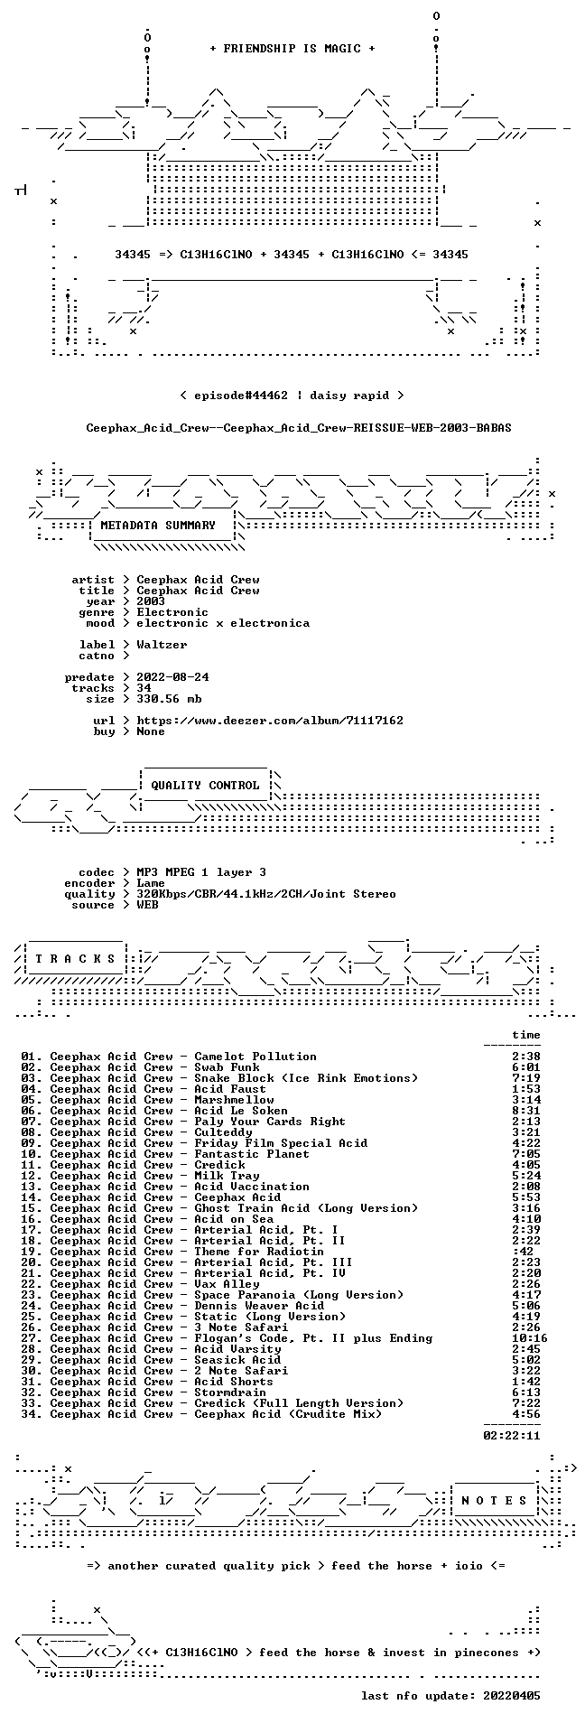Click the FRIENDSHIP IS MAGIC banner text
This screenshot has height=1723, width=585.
[x=292, y=49]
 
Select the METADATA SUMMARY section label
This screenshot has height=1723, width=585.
[x=158, y=526]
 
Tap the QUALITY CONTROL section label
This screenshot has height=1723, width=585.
[x=205, y=786]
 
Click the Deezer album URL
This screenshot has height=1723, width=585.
[x=270, y=721]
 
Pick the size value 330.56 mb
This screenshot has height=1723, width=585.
[x=169, y=699]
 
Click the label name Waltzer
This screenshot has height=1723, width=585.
[x=162, y=645]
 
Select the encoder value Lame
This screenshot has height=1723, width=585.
[x=151, y=883]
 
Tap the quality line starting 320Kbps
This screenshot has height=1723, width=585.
[x=266, y=894]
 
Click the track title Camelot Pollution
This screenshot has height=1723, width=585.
[x=255, y=1057]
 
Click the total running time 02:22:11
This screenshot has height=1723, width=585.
[x=512, y=1436]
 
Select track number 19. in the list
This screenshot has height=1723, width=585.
[x=32, y=1252]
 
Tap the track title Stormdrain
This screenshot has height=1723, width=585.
[x=230, y=1392]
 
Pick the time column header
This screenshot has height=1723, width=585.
[x=526, y=1035]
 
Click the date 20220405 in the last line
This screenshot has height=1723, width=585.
[x=512, y=1696]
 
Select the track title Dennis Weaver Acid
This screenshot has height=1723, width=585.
[x=259, y=1306]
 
